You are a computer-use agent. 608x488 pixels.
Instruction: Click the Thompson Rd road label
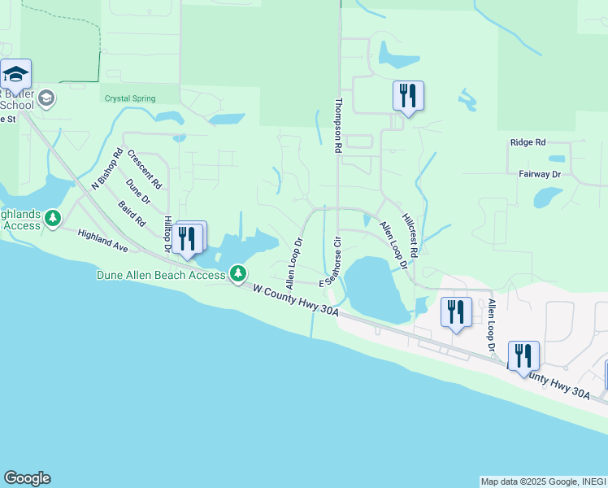point(338,126)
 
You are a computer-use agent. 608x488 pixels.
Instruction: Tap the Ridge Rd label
point(528,142)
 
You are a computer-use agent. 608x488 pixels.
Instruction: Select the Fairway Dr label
point(540,174)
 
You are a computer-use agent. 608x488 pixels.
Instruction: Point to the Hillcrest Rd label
point(410,230)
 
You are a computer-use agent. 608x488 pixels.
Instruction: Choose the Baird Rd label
point(131,213)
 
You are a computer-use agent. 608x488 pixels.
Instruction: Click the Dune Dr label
point(138,192)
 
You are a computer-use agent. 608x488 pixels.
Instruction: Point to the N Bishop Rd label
point(106,169)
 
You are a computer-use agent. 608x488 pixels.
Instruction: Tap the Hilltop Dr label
point(168,233)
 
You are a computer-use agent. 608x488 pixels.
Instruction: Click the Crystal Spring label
point(128,98)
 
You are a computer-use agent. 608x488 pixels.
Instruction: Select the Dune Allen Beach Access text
point(161,275)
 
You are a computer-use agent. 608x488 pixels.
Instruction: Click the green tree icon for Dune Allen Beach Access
point(238,273)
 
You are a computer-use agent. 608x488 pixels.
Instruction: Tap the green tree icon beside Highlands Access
point(53,218)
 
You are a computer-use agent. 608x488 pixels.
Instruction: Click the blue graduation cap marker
point(15,75)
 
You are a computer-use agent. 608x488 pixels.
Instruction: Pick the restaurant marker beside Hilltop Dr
point(188,238)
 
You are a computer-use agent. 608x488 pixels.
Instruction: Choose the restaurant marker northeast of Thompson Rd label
point(408,96)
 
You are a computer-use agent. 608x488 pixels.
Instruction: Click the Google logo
point(27,478)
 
